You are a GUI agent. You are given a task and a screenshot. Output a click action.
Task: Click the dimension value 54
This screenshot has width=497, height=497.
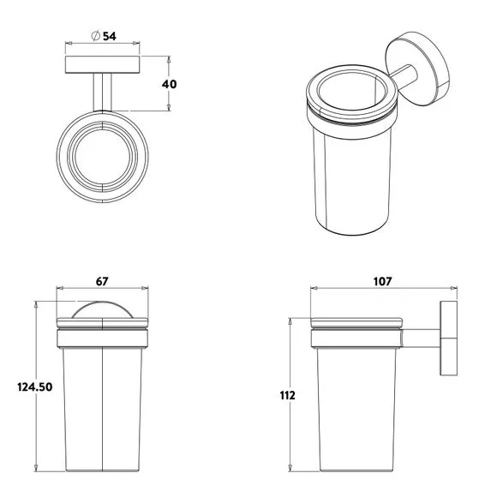(110, 36)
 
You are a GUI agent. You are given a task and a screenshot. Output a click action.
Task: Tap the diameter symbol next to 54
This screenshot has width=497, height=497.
(96, 36)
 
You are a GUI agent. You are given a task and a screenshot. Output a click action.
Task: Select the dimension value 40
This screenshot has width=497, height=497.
(170, 84)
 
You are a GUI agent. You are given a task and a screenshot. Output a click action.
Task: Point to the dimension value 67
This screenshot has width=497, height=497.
(102, 281)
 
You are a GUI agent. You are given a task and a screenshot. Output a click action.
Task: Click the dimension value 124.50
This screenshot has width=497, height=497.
(35, 387)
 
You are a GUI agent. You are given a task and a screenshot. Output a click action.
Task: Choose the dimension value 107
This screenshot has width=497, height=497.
(383, 281)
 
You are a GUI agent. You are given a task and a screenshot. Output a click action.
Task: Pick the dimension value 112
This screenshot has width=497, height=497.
(287, 395)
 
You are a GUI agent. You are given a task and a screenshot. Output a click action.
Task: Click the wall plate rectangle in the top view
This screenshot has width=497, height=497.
(102, 64)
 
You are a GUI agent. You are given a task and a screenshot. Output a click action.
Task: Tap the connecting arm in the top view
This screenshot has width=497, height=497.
(102, 93)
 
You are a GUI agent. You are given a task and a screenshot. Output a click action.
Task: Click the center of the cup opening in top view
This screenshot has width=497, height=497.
(102, 156)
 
